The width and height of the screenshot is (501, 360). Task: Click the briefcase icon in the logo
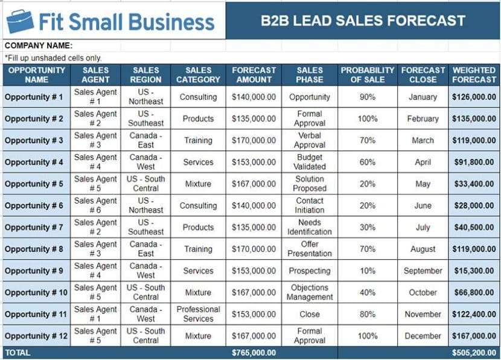click(20, 21)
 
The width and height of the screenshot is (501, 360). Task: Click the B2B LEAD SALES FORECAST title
click(363, 21)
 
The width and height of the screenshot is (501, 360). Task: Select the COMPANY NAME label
click(38, 45)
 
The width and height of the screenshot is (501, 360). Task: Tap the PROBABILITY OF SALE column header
click(367, 75)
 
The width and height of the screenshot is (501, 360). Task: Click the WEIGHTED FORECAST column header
click(474, 75)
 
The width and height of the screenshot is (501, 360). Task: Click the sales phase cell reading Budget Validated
click(309, 162)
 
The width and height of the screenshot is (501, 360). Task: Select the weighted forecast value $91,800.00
click(474, 162)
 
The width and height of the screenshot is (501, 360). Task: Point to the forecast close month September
click(423, 271)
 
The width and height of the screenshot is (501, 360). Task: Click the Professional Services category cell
click(198, 314)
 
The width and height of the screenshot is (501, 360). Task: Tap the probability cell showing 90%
click(367, 97)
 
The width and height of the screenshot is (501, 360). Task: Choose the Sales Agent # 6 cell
click(95, 205)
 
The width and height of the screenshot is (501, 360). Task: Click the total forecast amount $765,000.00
click(254, 352)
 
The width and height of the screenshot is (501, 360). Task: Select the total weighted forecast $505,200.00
click(474, 352)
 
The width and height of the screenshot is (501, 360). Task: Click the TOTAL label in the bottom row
click(18, 352)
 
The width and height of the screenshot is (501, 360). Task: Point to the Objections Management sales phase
click(309, 292)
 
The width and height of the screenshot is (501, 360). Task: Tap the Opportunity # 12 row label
click(35, 336)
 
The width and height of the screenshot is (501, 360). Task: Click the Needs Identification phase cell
click(309, 227)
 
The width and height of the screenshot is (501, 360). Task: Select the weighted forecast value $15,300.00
click(474, 271)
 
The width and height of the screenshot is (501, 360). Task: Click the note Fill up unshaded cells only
click(53, 58)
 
